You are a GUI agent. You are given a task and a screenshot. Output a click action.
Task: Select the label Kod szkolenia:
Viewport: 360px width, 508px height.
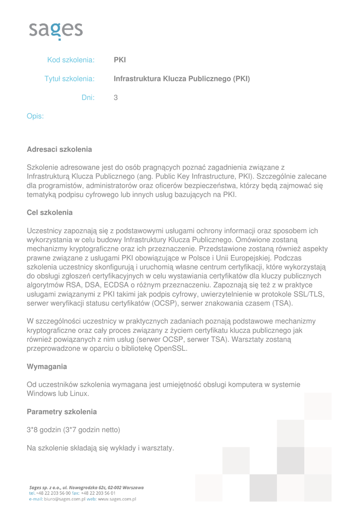[71, 60]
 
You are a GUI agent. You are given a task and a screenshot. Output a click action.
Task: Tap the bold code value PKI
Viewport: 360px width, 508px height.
[120, 60]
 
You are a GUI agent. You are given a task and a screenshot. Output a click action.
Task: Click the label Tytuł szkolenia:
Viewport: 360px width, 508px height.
[70, 79]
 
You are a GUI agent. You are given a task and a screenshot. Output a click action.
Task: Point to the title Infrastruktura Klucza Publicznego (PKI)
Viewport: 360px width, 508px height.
[182, 79]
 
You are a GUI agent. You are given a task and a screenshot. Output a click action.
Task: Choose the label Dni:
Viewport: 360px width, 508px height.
[88, 98]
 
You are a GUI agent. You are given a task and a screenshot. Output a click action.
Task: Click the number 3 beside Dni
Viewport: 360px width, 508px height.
[116, 98]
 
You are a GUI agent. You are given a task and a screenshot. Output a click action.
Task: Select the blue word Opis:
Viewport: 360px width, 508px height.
[35, 117]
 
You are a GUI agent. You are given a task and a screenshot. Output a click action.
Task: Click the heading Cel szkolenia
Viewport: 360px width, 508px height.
[50, 212]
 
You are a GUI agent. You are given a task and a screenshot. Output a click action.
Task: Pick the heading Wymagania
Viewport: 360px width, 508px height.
[47, 367]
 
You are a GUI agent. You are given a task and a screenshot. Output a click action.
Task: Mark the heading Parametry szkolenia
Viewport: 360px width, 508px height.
[62, 412]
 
